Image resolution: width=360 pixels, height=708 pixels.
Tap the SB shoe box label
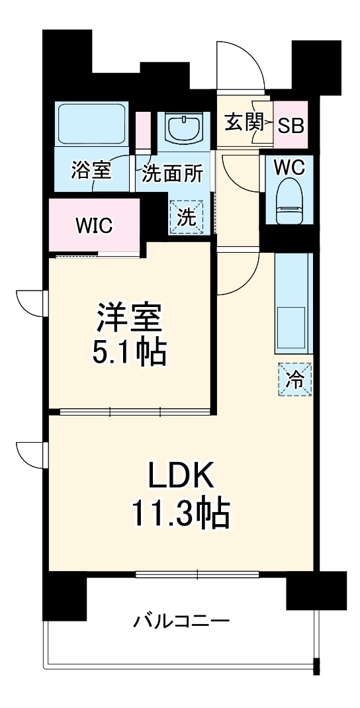point(291,125)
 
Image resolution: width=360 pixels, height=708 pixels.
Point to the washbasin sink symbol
point(185,126)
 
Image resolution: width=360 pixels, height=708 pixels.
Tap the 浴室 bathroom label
point(91,172)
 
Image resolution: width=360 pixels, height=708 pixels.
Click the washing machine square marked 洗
point(187,218)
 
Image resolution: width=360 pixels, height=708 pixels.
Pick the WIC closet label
point(93,226)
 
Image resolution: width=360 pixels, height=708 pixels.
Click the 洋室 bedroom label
point(130,317)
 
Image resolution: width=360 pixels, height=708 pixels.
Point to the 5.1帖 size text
point(130,352)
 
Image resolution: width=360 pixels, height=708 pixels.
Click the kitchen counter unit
point(292,304)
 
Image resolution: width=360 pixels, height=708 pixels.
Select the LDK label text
point(180,474)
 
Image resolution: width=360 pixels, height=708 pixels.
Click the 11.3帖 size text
point(180,513)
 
